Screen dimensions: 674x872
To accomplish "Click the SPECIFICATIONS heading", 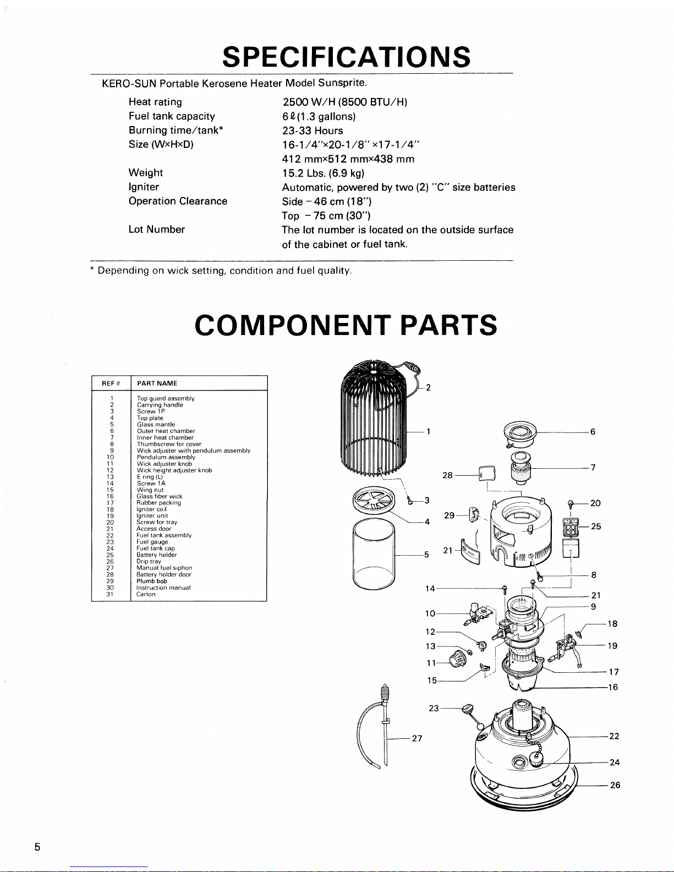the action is click(346, 57).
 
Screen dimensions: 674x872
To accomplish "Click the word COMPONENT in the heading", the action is click(293, 325).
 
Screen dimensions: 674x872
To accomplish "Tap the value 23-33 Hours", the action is click(313, 130).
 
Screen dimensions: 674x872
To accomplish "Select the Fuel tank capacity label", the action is click(172, 117).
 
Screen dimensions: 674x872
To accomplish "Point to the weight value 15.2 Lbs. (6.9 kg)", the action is click(323, 173).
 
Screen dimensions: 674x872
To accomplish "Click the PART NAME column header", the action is click(157, 383).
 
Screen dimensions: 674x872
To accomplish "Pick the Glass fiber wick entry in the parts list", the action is click(159, 496).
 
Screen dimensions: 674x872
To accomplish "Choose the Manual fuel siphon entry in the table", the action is click(164, 568).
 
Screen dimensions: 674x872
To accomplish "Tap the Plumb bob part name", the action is click(152, 581).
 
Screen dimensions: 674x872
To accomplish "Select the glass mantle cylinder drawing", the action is click(374, 553).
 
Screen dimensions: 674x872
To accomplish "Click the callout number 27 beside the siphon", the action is click(417, 738).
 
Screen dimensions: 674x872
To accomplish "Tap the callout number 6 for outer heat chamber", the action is click(593, 432).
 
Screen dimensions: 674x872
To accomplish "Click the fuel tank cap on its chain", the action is click(535, 759).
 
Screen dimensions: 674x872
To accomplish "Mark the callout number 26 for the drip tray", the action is click(615, 785).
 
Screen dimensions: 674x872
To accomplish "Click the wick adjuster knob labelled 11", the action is click(457, 659).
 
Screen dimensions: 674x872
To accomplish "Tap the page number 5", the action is click(37, 847).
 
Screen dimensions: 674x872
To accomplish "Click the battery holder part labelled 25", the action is click(571, 527).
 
